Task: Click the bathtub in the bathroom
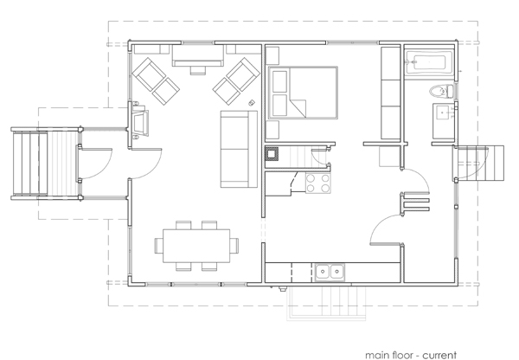429,63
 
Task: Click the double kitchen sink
330,272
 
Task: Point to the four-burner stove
317,183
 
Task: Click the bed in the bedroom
303,93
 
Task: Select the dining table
196,246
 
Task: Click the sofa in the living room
239,149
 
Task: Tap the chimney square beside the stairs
272,154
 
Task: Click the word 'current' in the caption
439,355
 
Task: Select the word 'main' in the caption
377,355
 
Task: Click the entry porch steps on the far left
29,164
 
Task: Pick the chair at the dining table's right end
234,246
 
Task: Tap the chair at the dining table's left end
158,246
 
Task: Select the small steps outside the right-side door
480,163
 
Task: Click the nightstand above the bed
272,55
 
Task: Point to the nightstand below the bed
272,130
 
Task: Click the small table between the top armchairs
198,70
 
